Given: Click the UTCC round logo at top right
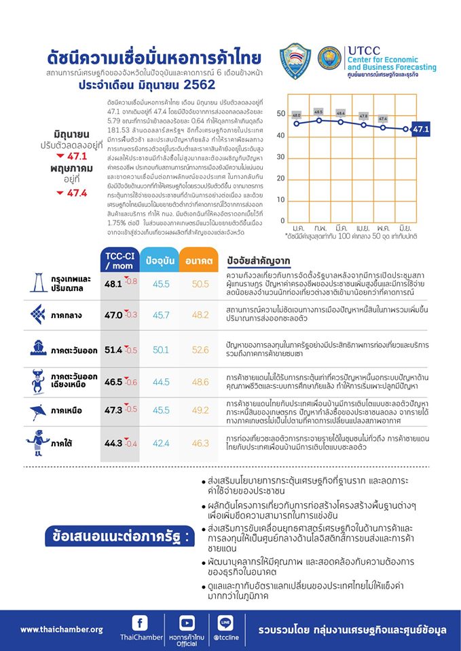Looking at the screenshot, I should pos(330,60).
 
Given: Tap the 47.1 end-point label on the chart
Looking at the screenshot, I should pos(422,128).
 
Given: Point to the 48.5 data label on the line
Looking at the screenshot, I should pos(318,112).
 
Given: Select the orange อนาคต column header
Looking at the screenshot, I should pos(198,260).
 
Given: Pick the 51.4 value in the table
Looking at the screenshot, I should pos(113,350).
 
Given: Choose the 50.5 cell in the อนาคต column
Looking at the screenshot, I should pos(200,284).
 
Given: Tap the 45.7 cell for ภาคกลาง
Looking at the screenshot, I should pos(162,315).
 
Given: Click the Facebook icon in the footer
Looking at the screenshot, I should pos(140,623).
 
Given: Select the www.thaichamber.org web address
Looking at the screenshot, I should pos(61,629).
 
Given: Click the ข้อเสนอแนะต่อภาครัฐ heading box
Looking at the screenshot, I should pos(116,536).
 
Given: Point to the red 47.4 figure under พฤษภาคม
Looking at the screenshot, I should pos(75,193).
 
